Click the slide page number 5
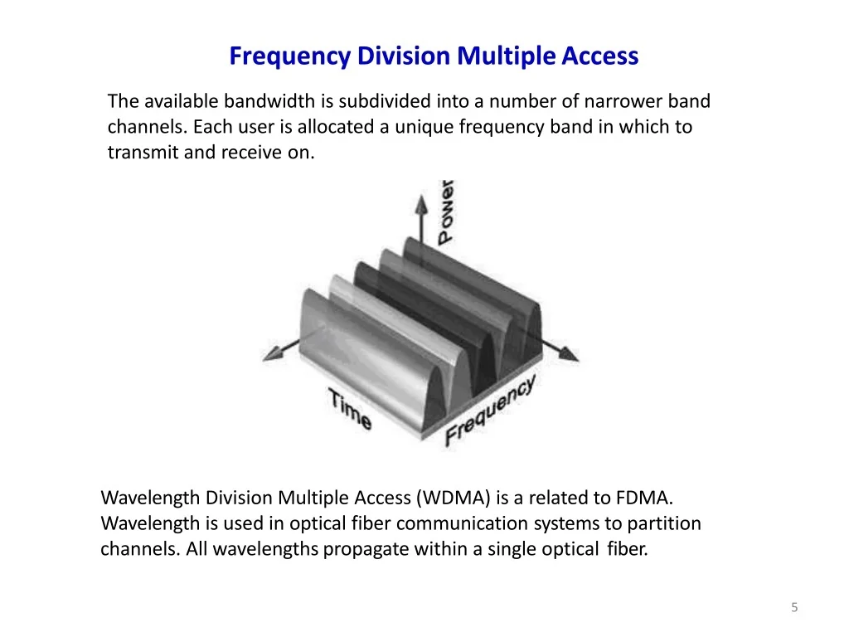click(794, 608)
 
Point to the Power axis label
click(446, 211)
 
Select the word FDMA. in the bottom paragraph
click(644, 498)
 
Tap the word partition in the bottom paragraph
click(664, 524)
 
